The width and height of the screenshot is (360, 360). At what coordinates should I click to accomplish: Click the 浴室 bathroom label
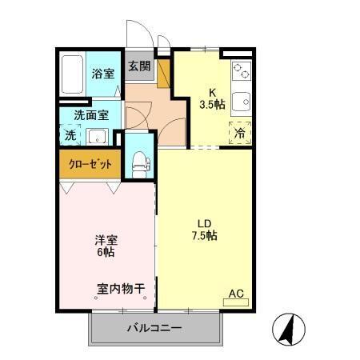pyautogui.click(x=102, y=74)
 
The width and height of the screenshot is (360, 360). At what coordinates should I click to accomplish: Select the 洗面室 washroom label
pyautogui.click(x=86, y=114)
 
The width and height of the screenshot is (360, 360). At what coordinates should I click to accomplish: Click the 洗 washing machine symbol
pyautogui.click(x=70, y=136)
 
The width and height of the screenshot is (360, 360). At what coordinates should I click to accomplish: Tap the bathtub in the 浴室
pyautogui.click(x=73, y=74)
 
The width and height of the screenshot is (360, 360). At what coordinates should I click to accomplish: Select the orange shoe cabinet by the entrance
pyautogui.click(x=164, y=73)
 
